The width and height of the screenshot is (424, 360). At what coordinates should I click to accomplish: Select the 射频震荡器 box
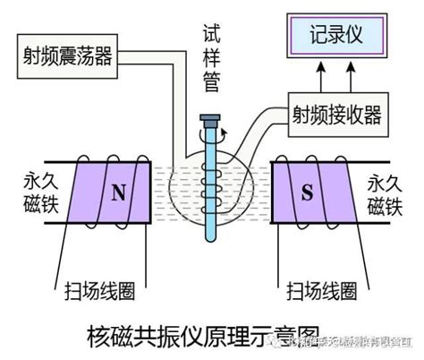[x=71, y=57]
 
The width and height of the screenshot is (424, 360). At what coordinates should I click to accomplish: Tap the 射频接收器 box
[x=342, y=114]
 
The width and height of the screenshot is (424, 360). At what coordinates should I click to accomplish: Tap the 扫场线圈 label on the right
[x=320, y=291]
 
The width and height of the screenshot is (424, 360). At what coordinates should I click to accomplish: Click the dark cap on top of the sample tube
[x=211, y=119]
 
